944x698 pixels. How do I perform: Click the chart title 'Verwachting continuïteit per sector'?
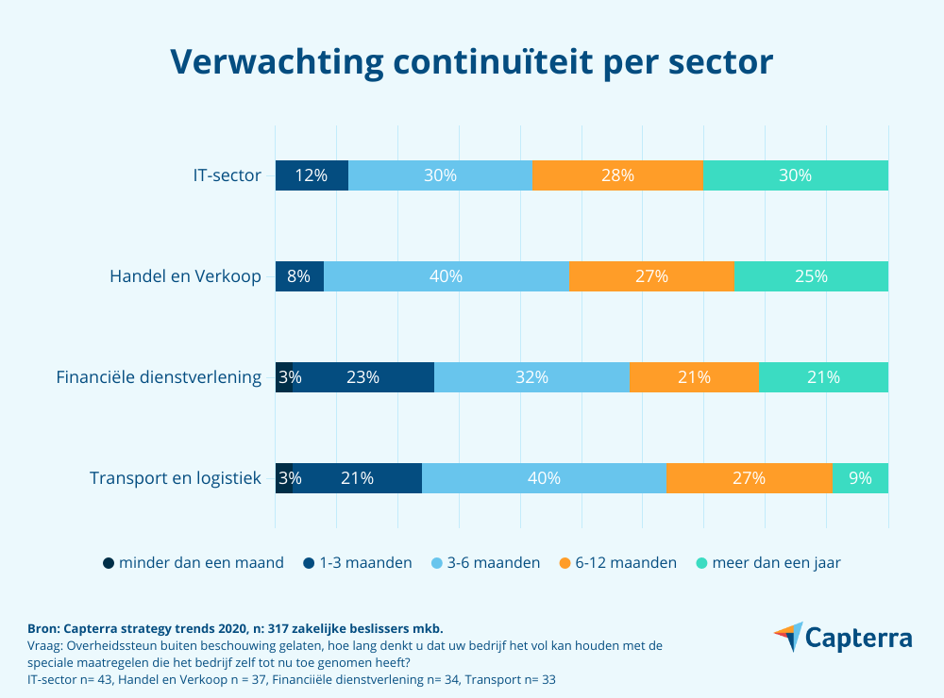click(x=472, y=61)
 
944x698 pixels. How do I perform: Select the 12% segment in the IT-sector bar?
click(x=312, y=175)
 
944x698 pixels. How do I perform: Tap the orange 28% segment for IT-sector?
click(x=617, y=175)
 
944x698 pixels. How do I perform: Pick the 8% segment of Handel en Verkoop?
click(x=299, y=276)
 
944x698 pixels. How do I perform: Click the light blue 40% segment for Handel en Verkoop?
click(x=447, y=276)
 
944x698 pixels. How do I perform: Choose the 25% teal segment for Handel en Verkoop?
click(x=811, y=276)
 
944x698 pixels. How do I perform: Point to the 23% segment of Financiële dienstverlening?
click(x=362, y=377)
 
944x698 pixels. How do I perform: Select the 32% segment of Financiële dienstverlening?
click(x=531, y=377)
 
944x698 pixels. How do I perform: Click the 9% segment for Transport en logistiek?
click(x=860, y=478)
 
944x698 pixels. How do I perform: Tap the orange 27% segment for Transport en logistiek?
click(x=749, y=478)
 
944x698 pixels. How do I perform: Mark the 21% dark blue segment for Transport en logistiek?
click(x=358, y=478)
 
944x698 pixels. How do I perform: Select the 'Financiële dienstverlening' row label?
click(x=159, y=377)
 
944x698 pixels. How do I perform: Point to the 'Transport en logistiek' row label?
click(x=175, y=478)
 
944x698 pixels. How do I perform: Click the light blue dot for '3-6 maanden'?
click(x=437, y=563)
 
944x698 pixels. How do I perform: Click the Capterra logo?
click(x=842, y=638)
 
